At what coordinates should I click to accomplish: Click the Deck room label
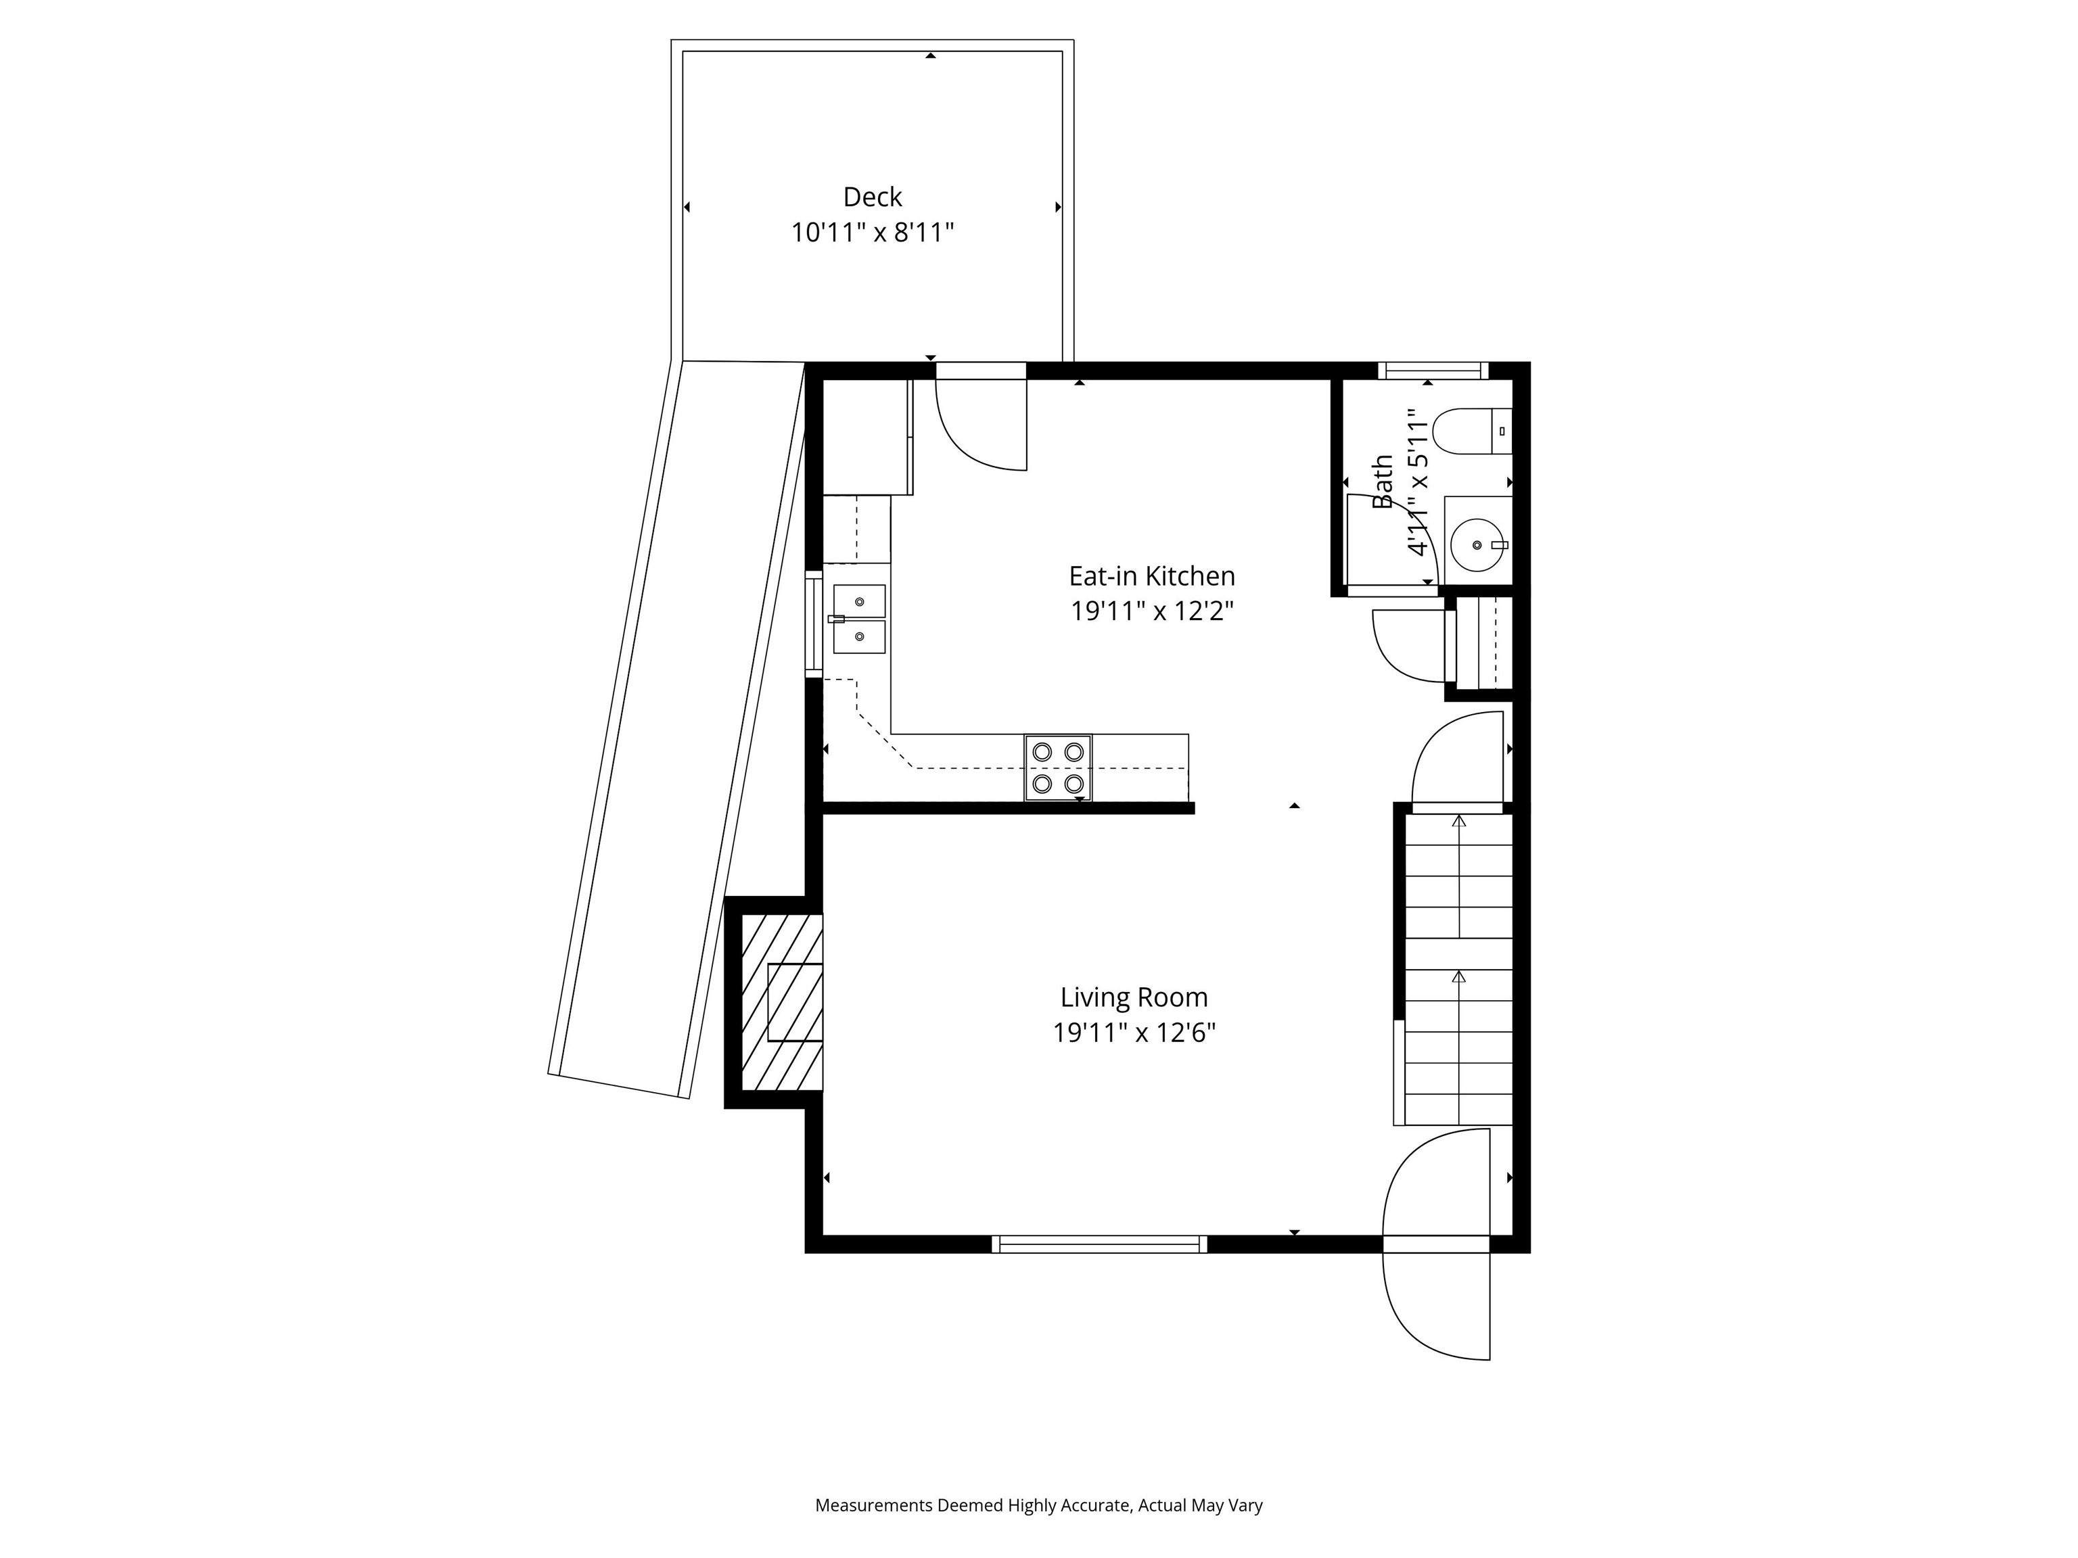point(872,197)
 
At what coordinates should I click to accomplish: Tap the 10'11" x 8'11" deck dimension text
point(872,232)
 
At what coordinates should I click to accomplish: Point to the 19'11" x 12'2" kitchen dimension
point(1152,611)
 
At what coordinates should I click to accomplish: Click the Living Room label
point(1134,997)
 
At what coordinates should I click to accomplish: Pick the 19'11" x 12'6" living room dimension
point(1134,1032)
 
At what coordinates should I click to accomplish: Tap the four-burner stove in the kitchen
point(1058,768)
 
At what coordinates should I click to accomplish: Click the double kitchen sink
point(858,619)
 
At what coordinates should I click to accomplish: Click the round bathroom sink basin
point(1477,544)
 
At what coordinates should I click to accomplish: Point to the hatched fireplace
point(781,1002)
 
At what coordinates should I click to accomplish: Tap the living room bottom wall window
point(1099,1244)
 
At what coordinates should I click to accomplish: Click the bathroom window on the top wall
point(1433,370)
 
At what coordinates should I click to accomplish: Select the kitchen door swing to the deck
point(981,423)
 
